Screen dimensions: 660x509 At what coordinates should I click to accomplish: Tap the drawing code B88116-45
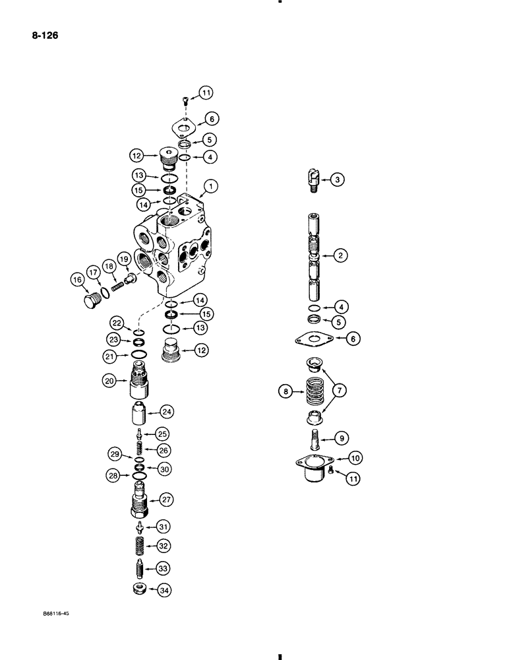click(54, 612)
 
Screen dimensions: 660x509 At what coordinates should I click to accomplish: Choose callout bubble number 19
click(123, 257)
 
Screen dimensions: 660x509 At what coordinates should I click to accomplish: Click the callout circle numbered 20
click(109, 380)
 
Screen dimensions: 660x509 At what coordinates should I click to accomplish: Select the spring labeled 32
click(139, 545)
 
